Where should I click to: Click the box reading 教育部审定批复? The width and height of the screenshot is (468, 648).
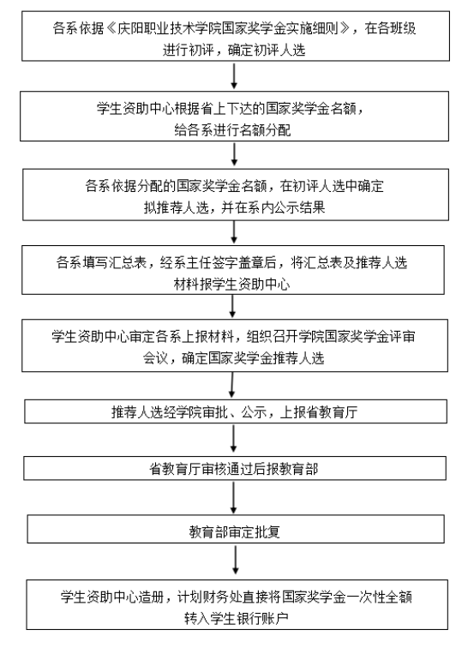tap(236, 529)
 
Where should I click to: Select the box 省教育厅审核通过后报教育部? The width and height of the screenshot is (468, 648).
tap(235, 468)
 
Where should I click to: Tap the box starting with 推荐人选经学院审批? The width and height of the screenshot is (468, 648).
tap(236, 411)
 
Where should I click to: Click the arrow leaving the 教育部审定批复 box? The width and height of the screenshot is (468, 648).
tap(235, 560)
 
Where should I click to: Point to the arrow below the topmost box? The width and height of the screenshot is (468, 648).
tap(234, 76)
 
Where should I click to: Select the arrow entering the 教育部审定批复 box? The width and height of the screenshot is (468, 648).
tap(234, 498)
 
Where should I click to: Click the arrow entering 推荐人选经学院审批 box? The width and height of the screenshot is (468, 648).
tap(232, 385)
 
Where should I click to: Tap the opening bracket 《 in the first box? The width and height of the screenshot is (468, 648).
tap(111, 28)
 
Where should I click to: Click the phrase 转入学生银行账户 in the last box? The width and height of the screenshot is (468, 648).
tap(236, 618)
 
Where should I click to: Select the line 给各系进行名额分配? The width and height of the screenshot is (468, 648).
tap(232, 129)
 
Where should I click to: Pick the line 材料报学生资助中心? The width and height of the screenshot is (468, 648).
tap(232, 284)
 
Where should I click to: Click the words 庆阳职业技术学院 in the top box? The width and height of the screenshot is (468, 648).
tap(169, 28)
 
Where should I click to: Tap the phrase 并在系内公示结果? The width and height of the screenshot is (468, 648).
tap(273, 207)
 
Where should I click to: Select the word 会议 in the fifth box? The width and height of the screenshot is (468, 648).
tap(156, 358)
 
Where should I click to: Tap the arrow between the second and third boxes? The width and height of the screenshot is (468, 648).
tap(234, 154)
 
